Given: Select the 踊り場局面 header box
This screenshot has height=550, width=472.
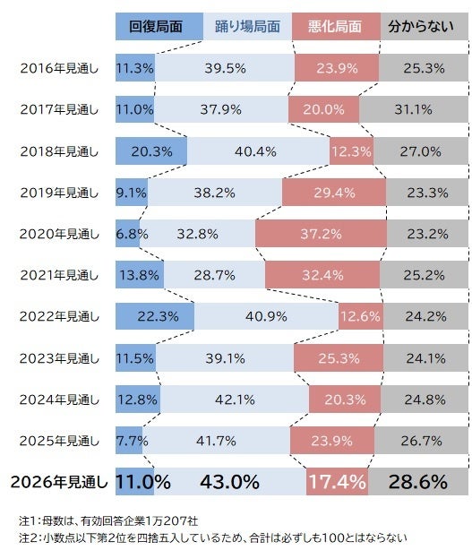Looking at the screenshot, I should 247,27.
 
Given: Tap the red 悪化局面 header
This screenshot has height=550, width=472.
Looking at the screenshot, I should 335,27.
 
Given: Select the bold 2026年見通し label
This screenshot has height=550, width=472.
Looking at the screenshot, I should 59,482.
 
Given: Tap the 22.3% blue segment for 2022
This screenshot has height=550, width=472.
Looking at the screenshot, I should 154,316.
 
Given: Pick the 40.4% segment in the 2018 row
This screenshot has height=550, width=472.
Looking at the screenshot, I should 258,150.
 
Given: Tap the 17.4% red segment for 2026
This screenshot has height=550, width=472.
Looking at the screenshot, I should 338,482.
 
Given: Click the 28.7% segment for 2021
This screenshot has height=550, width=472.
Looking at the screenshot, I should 215,275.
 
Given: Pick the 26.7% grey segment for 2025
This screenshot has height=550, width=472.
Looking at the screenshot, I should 420,441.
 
